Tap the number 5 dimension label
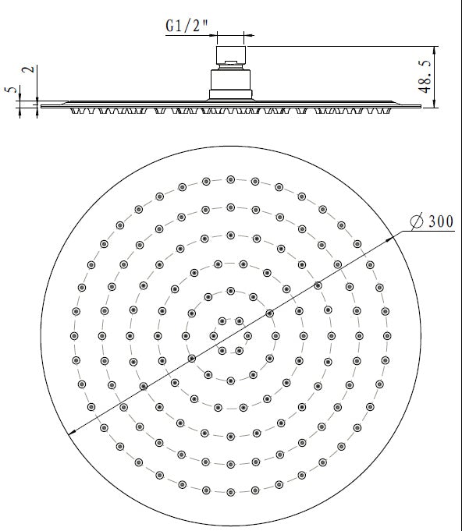click(10, 90)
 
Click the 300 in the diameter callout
click(439, 221)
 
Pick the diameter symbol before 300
click(417, 222)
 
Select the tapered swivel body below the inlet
click(230, 80)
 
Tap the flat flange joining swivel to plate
click(230, 96)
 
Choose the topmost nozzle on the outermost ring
click(230, 179)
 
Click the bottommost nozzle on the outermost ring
click(230, 491)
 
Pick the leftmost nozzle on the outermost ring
click(75, 335)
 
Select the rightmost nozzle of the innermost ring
click(248, 335)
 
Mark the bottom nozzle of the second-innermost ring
click(230, 378)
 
